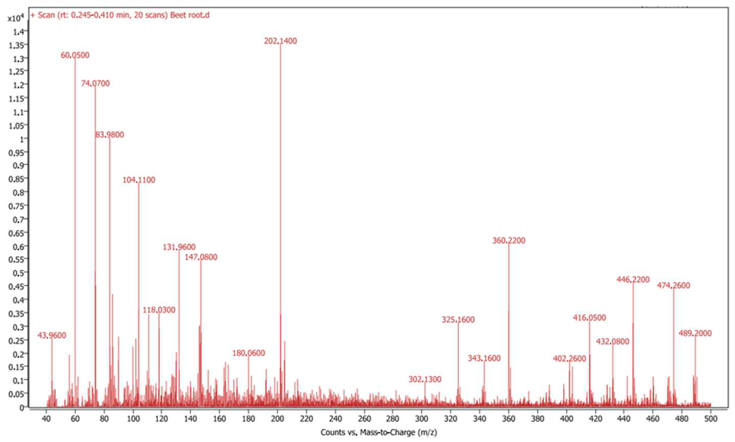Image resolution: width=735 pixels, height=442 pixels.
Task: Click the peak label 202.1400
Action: coord(280,41)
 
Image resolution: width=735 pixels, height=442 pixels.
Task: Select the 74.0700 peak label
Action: coord(95,83)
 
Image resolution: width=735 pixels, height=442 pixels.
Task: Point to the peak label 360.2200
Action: coord(509,240)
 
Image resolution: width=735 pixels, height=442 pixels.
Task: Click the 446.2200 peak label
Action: coord(633,280)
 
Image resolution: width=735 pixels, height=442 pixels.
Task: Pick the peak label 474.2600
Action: coord(674,286)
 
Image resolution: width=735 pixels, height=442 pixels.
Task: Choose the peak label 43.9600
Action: coord(52,336)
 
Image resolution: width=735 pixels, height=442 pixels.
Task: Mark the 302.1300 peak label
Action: coord(424,379)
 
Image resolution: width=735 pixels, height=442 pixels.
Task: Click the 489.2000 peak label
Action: coord(695,333)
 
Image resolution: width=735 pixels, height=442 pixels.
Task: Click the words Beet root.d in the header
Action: coord(190,15)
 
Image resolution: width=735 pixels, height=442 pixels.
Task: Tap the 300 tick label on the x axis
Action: coord(421,419)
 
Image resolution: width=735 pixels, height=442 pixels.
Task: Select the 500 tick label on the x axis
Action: coord(711,419)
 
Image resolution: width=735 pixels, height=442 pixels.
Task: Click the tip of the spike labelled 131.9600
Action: coord(179,251)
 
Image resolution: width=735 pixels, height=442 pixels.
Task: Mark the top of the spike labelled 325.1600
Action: coord(458,324)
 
